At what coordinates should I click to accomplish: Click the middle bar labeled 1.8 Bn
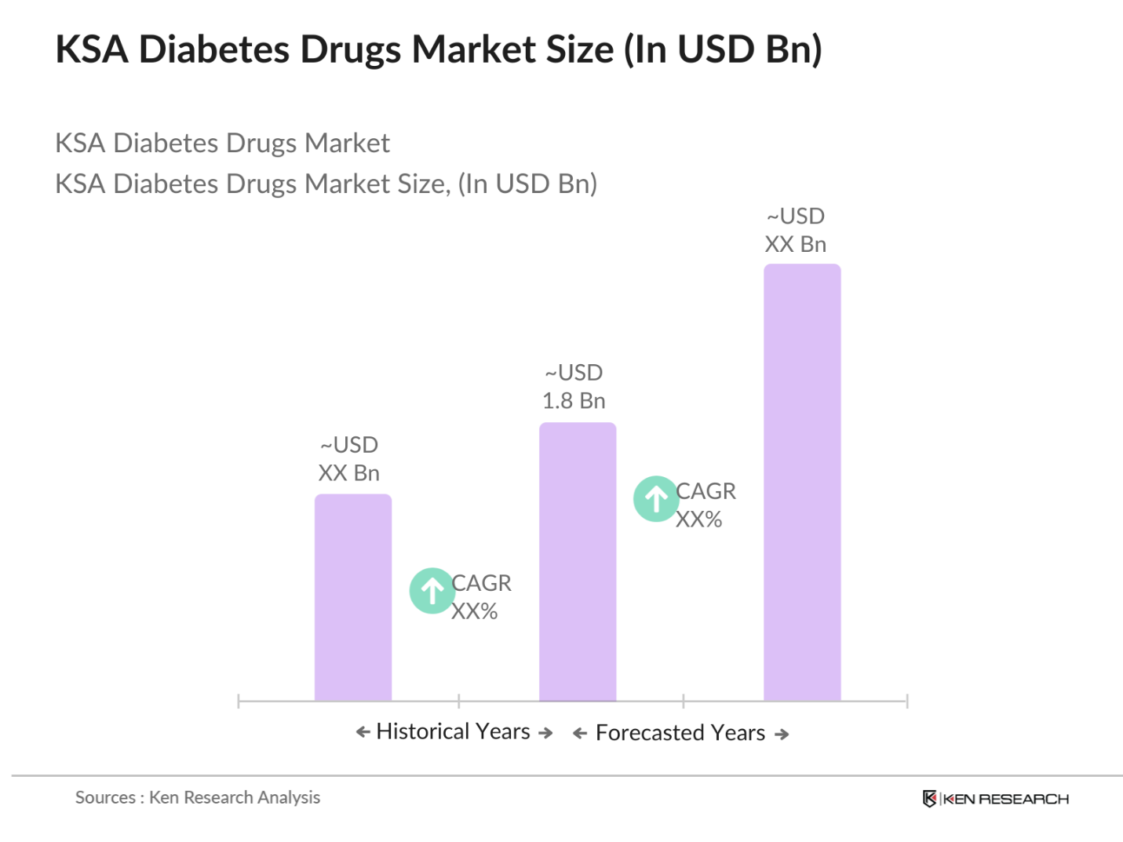coord(577,561)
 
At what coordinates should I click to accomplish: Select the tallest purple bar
coord(801,482)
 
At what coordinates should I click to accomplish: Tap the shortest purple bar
coord(352,597)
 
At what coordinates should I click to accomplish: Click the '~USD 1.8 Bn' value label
coord(574,387)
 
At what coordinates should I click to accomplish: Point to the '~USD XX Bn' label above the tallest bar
coord(795,231)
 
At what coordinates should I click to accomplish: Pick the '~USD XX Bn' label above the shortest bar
coord(349,459)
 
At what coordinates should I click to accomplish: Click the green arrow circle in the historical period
coord(432,590)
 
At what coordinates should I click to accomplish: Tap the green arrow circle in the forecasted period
coord(656,498)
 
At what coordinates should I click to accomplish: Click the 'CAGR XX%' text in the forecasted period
coord(705,505)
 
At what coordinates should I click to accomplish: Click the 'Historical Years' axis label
coord(453,731)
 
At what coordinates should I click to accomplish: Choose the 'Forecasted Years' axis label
coord(680,733)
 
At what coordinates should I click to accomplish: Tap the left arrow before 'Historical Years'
coord(363,732)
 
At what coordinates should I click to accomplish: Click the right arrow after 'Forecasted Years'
coord(782,734)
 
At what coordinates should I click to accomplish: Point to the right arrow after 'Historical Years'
coord(545,733)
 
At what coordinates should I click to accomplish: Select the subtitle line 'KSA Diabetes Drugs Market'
coord(222,144)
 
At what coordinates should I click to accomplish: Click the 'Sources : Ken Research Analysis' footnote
coord(198,797)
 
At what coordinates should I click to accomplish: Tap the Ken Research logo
coord(995,799)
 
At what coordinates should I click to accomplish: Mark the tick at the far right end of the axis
coord(906,701)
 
